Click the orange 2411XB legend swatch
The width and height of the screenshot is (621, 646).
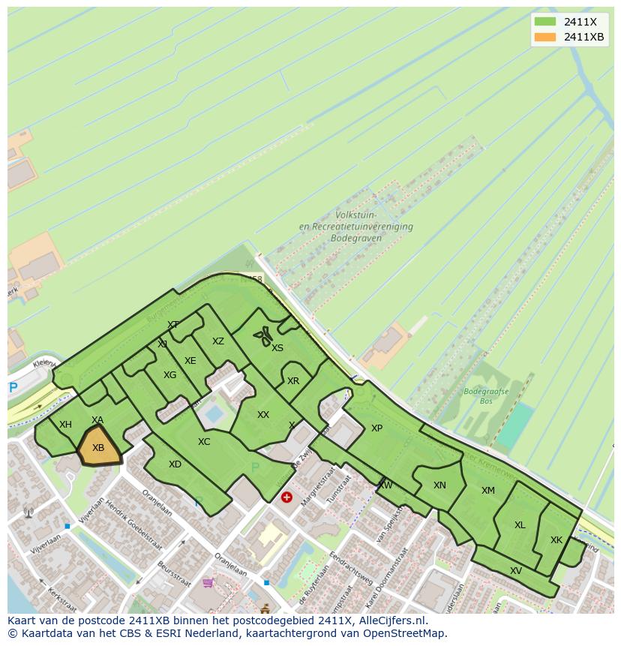[x=545, y=37]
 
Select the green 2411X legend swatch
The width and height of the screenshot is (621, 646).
[x=545, y=21]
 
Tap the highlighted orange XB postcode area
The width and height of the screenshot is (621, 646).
[x=99, y=447]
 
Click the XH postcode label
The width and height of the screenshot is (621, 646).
[x=65, y=425]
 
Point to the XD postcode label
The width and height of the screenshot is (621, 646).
[x=175, y=464]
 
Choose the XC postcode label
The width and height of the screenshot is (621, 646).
[x=204, y=442]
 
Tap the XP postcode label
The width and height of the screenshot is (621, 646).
[x=376, y=428]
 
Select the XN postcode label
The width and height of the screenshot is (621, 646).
[x=439, y=485]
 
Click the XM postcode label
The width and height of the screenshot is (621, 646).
[x=488, y=491]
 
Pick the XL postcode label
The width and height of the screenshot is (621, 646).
[x=520, y=525]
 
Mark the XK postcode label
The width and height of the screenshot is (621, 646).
[x=556, y=540]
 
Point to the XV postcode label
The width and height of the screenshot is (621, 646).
[x=516, y=571]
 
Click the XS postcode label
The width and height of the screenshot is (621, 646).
[x=277, y=348]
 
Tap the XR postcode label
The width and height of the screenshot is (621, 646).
[x=293, y=381]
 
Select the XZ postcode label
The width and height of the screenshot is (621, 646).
[x=217, y=341]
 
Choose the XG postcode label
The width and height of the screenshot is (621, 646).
[x=170, y=375]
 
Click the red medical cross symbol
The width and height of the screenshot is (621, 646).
[x=286, y=497]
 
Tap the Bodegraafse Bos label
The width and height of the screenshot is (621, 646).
[x=486, y=396]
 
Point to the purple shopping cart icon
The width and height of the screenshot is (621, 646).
[x=208, y=582]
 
